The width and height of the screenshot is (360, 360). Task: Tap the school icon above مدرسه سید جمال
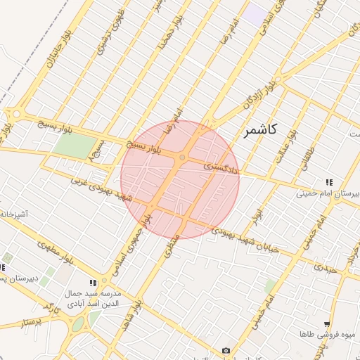click(94, 282)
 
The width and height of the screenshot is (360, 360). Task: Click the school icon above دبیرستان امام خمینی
click(329, 182)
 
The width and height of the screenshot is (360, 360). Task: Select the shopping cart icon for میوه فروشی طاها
click(327, 324)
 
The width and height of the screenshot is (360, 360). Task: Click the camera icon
click(226, 350)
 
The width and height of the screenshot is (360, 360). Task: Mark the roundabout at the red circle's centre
click(182, 157)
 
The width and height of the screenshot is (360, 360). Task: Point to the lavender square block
click(255, 14)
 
